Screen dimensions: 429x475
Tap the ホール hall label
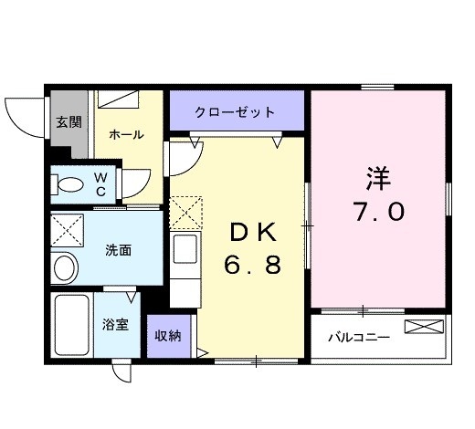(x=126, y=135)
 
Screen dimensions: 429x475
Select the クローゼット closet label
(x=235, y=113)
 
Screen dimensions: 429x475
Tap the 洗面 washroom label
(x=117, y=247)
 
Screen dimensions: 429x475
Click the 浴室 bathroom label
(x=116, y=322)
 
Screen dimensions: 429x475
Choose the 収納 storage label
(x=167, y=335)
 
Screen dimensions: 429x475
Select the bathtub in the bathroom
(x=71, y=326)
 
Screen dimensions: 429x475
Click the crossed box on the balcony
(x=427, y=327)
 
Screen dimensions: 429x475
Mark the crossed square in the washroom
(x=67, y=228)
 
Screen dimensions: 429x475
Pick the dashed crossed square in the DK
(x=186, y=214)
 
